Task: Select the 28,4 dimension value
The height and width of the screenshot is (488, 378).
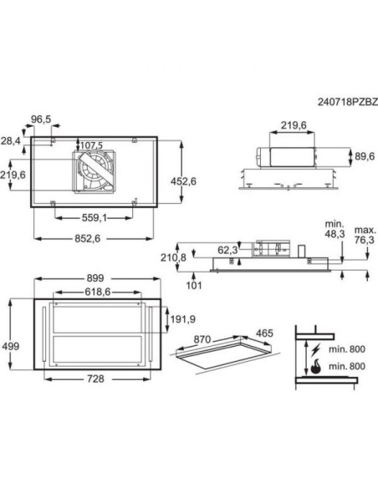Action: [11, 142]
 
